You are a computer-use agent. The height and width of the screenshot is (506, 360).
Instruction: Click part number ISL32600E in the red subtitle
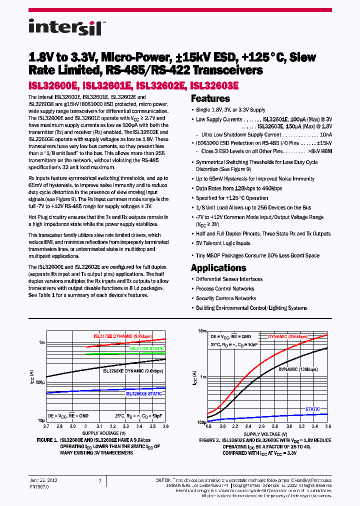[x=53, y=85]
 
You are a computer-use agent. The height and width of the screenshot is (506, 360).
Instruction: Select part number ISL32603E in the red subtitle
[x=215, y=85]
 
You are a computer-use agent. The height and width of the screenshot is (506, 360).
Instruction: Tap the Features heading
[x=210, y=98]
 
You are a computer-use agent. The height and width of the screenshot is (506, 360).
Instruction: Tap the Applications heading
[x=218, y=267]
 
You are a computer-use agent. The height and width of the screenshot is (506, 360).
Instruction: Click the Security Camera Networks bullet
[x=226, y=298]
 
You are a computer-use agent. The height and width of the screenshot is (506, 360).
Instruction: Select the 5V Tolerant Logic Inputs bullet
[x=223, y=243]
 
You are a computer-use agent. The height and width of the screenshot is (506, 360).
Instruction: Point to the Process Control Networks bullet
[x=225, y=289]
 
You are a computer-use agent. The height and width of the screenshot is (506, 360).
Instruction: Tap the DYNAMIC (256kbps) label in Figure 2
[x=288, y=337]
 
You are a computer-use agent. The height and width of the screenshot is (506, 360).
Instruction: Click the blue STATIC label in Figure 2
[x=312, y=409]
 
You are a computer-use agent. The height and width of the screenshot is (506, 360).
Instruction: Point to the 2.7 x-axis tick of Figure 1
[x=46, y=426]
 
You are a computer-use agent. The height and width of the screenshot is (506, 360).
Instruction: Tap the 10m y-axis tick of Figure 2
[x=202, y=331]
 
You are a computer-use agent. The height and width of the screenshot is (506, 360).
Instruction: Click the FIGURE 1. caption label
[x=47, y=440]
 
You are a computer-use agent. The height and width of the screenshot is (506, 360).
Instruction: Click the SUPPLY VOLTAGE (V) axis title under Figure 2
[x=268, y=434]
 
